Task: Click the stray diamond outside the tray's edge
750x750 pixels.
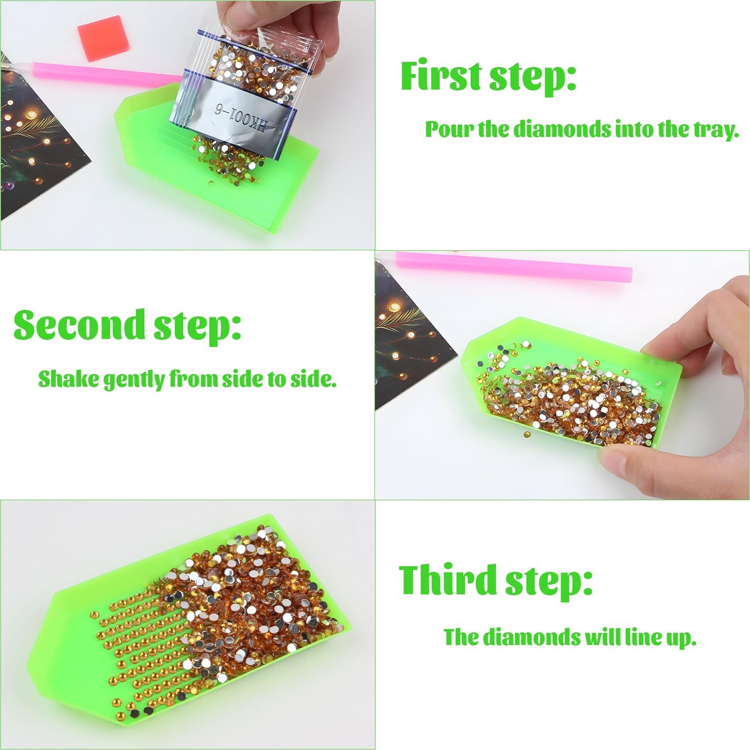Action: click(527, 435)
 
